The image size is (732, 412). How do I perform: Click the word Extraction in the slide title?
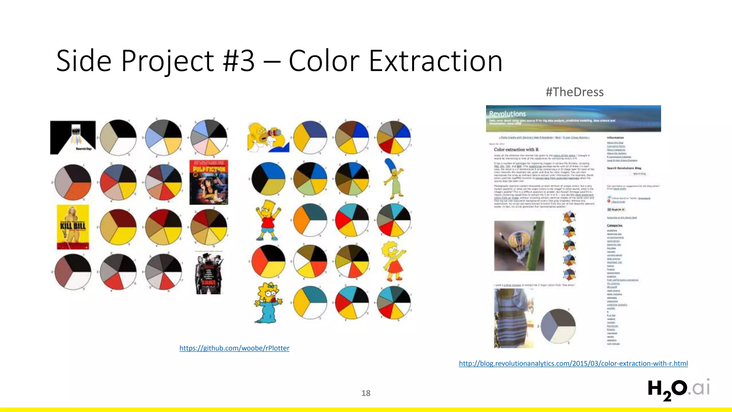click(435, 61)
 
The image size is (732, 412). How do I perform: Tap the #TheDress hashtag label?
click(574, 92)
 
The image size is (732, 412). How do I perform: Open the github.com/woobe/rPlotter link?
click(234, 348)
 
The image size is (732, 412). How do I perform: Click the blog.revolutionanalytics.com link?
click(573, 363)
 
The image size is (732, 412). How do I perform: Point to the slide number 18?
click(366, 393)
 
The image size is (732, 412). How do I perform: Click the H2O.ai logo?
click(678, 389)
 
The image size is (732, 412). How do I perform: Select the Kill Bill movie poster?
click(73, 227)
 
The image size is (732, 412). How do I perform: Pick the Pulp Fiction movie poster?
click(209, 182)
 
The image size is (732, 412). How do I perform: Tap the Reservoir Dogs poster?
click(73, 137)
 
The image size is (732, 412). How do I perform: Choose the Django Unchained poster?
click(209, 273)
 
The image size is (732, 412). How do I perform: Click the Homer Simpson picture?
click(268, 137)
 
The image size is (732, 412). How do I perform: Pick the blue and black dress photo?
click(514, 318)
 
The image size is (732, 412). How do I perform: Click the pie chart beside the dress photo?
click(558, 325)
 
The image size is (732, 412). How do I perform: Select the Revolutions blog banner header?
click(573, 118)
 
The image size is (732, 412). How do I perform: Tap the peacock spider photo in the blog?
click(519, 246)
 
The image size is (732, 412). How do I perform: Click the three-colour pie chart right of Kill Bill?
click(118, 227)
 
